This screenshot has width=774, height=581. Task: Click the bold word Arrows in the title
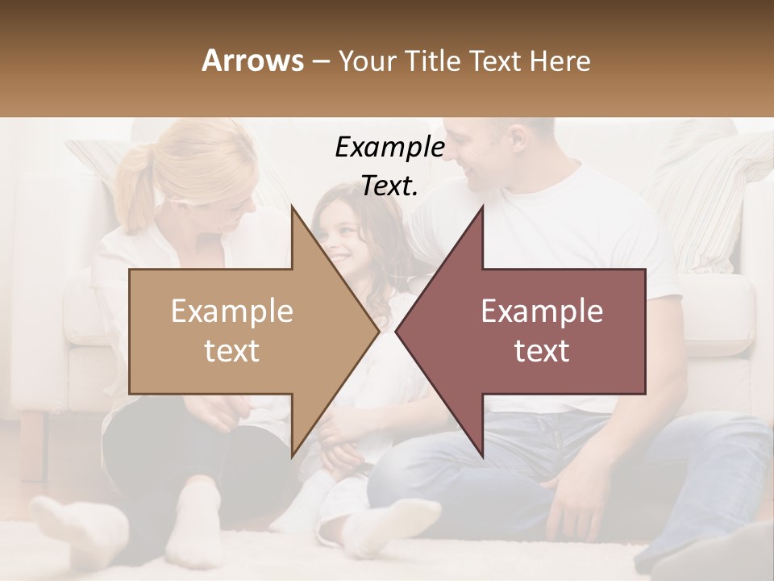click(253, 61)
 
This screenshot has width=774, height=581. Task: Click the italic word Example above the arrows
click(389, 147)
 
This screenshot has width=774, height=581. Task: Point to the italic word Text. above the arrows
click(389, 186)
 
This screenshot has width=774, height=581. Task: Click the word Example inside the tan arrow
click(232, 311)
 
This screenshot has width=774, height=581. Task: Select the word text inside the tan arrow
click(232, 350)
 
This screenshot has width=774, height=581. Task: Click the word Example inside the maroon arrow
click(542, 311)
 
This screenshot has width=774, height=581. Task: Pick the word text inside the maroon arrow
click(542, 350)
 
